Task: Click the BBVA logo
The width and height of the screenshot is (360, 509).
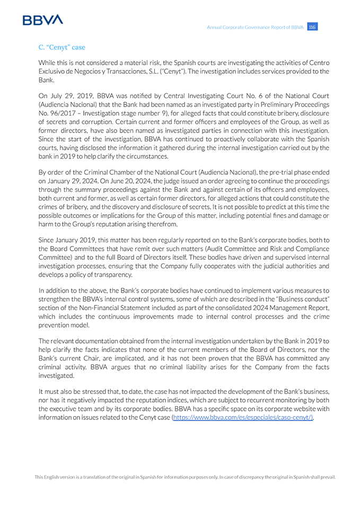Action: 43,20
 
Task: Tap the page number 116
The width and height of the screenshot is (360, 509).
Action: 312,27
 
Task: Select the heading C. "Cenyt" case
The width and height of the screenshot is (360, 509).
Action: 62,47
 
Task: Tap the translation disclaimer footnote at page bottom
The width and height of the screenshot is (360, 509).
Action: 185,477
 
